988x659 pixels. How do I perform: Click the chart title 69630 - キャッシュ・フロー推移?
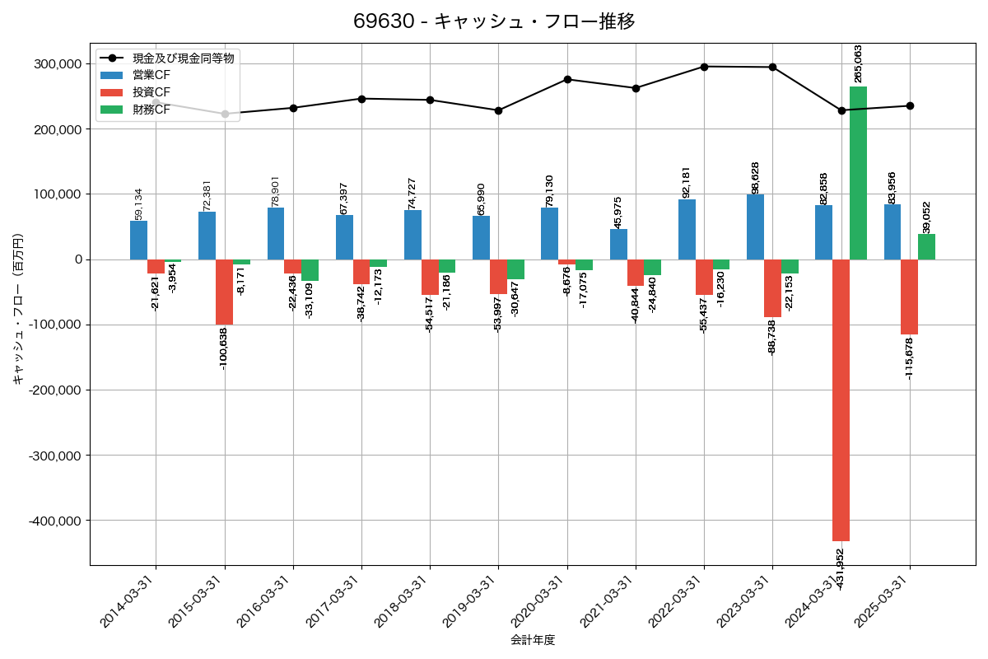click(x=494, y=21)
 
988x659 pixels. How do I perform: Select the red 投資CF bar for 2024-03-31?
click(x=841, y=400)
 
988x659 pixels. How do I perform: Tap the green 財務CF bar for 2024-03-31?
click(x=858, y=173)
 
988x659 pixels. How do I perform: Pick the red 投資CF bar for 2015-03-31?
click(x=224, y=292)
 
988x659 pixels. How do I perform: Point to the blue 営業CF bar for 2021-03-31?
click(x=618, y=244)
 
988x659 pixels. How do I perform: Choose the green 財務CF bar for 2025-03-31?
click(x=926, y=246)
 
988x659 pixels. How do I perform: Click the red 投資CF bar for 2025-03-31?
click(x=909, y=297)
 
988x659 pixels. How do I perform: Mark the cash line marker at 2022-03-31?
click(x=704, y=67)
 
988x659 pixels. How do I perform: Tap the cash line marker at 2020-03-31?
click(x=567, y=79)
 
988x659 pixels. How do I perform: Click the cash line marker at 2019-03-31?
click(x=498, y=110)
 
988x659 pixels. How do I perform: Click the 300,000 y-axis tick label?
click(x=58, y=63)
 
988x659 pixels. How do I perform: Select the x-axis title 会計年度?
click(x=533, y=640)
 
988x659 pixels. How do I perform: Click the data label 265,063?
click(x=859, y=63)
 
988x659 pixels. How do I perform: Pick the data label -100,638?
click(x=224, y=348)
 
